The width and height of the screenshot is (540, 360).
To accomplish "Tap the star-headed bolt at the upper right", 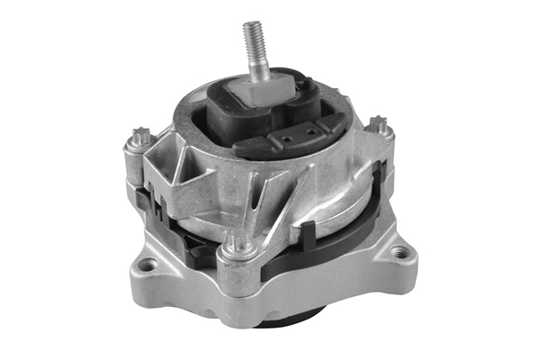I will [x=379, y=124].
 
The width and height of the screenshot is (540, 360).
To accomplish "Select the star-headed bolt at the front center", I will [x=239, y=242].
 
